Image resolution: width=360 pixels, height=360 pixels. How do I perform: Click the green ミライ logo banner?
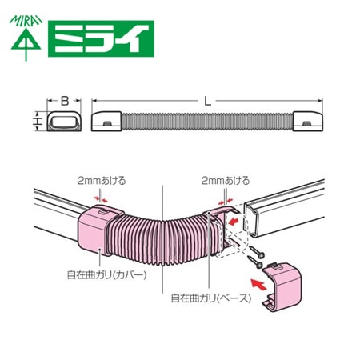click(101, 38)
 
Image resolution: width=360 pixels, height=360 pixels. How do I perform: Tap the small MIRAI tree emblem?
click(26, 38)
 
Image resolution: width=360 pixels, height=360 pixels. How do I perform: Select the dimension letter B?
click(65, 101)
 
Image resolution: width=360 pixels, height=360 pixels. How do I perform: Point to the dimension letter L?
click(207, 101)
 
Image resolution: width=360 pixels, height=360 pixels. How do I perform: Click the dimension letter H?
click(38, 122)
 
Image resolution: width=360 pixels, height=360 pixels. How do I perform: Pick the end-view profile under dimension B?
click(64, 122)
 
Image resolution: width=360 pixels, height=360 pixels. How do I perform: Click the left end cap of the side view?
click(106, 122)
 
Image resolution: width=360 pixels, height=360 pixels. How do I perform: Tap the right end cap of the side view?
click(308, 122)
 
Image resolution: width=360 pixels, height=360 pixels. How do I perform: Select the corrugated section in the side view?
click(207, 122)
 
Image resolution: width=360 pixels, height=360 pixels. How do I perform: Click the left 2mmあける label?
click(102, 181)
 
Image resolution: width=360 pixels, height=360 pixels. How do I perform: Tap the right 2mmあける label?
click(226, 181)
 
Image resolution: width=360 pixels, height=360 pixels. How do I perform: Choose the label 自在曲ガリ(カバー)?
click(106, 275)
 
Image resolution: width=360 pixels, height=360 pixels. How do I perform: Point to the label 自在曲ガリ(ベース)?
click(211, 298)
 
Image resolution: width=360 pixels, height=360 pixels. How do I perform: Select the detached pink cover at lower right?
click(282, 287)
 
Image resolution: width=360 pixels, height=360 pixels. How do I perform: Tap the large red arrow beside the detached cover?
click(258, 284)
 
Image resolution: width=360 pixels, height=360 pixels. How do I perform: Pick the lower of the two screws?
click(255, 262)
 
